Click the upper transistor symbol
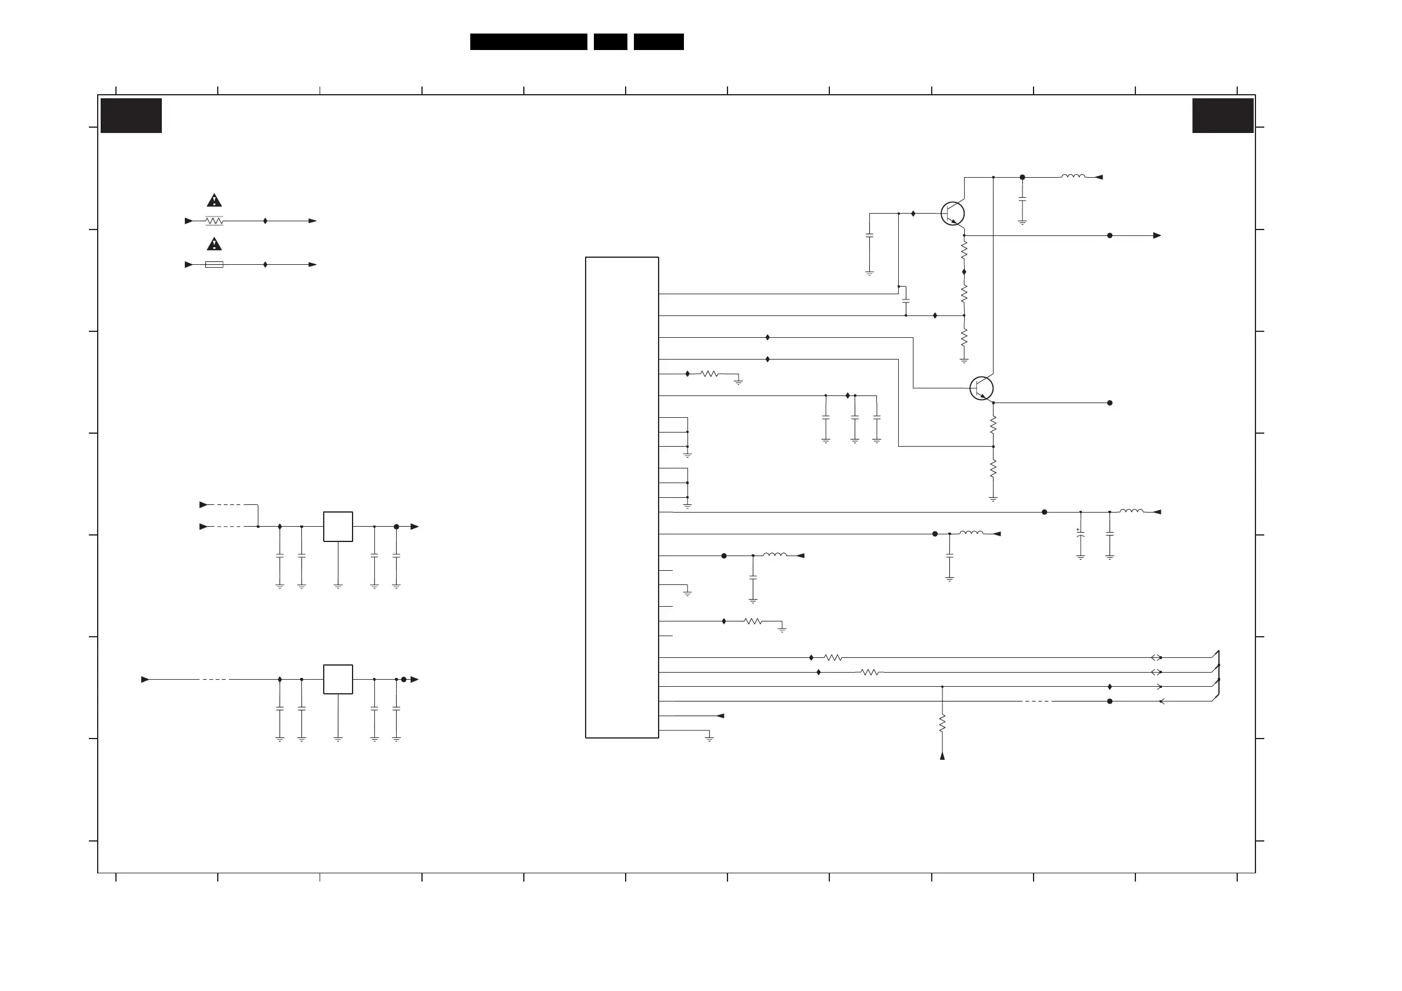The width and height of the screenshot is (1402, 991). [x=952, y=214]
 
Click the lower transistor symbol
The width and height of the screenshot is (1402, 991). [x=981, y=388]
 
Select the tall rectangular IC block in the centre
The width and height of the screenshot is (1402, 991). [x=622, y=497]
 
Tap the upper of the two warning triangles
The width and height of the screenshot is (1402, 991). [x=214, y=200]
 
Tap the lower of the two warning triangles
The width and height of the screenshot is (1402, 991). [x=214, y=244]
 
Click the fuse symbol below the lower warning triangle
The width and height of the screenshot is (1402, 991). [x=214, y=264]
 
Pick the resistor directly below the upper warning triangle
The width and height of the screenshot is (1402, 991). [x=214, y=221]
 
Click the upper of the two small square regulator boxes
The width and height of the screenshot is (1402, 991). [x=338, y=526]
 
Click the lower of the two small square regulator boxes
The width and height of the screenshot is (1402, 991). [x=338, y=679]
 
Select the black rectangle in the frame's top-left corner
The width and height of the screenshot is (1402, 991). [x=131, y=115]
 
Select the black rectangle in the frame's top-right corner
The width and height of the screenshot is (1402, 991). [x=1222, y=115]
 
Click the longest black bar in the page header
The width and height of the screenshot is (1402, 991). [x=528, y=42]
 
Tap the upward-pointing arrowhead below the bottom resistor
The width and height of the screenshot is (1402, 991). [x=942, y=757]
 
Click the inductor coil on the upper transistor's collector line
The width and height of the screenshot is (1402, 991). [x=1073, y=177]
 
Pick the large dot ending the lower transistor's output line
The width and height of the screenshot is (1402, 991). [x=1109, y=403]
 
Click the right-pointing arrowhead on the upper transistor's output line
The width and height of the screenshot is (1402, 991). [x=1157, y=236]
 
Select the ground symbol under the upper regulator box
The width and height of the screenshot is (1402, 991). [x=338, y=586]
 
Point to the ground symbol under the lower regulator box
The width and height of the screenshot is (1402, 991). [x=338, y=739]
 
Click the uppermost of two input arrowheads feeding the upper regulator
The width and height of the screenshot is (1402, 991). [x=203, y=505]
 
